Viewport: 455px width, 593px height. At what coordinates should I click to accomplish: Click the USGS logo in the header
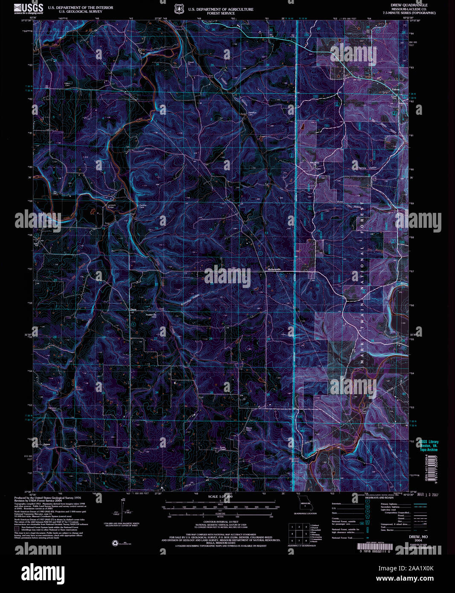pos(28,9)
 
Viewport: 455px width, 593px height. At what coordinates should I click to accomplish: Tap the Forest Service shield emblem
pos(179,9)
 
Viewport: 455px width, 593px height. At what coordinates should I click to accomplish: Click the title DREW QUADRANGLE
pos(409,5)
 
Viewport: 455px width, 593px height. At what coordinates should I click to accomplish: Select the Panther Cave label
pos(143,206)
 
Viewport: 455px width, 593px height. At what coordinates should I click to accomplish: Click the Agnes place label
pos(47,445)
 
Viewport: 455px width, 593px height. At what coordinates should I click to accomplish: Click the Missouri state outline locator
pos(305,506)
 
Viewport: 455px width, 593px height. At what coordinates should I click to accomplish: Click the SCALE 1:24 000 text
pos(220,497)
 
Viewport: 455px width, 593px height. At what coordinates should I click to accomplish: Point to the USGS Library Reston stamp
pos(428,445)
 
